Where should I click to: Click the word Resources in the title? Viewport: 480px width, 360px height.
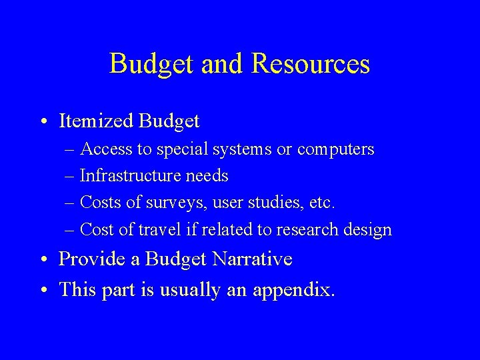[311, 64]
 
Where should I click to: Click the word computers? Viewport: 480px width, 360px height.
[336, 149]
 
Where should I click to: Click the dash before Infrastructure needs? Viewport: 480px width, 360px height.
[71, 177]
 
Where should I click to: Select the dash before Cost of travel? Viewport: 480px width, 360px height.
[71, 231]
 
